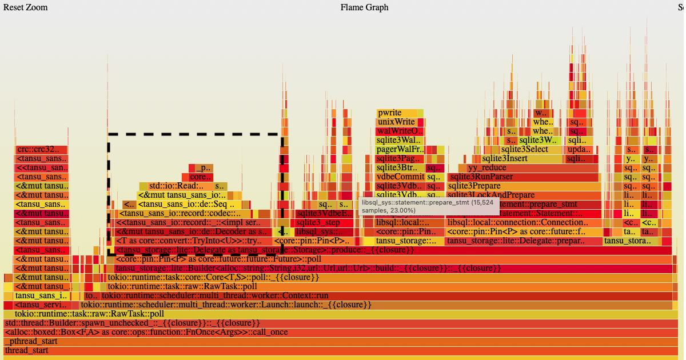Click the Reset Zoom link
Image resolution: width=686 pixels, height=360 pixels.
tap(26, 7)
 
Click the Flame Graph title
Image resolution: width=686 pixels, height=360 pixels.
tap(364, 7)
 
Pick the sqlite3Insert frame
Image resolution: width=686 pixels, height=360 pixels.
tap(504, 159)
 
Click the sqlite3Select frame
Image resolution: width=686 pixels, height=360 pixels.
tap(524, 150)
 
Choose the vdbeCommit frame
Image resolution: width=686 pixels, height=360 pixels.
tap(400, 177)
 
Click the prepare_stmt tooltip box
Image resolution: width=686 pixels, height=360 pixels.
tap(429, 207)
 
